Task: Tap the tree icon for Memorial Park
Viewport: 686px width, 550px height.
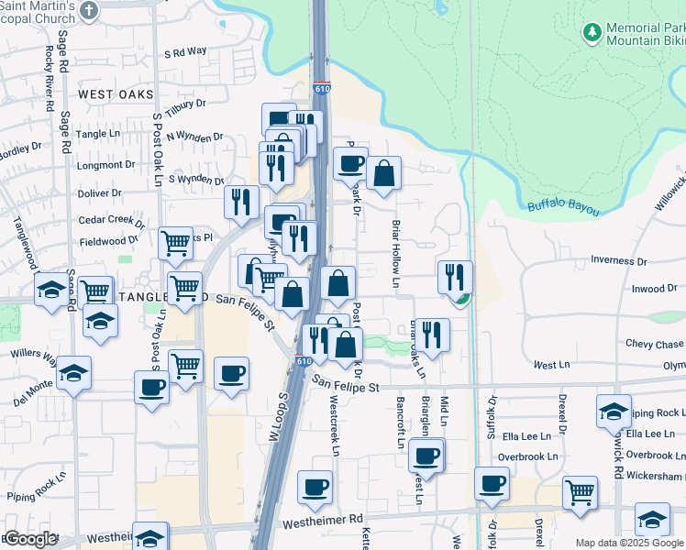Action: (x=592, y=34)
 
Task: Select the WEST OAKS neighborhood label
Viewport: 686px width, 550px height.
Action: (x=115, y=94)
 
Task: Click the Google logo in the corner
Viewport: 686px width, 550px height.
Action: (x=29, y=539)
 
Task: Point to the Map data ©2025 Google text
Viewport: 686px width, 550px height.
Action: (x=630, y=543)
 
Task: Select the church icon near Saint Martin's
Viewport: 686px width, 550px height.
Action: (x=89, y=10)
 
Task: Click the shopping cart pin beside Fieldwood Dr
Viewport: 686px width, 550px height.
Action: (x=175, y=244)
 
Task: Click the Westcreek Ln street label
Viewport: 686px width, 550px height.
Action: (x=335, y=426)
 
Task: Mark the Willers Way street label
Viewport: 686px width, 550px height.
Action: (x=33, y=353)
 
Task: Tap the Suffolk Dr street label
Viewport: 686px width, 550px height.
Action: (x=492, y=418)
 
